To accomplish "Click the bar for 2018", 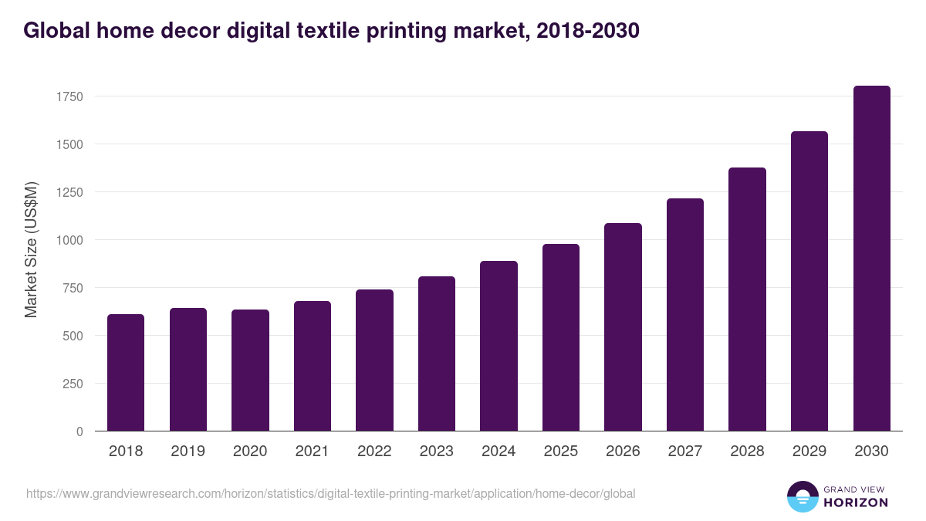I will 126,373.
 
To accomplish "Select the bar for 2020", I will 250,370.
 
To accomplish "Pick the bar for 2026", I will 623,327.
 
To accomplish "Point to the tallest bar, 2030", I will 871,259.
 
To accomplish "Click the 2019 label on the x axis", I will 188,452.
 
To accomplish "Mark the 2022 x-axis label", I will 374,452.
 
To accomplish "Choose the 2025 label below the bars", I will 560,452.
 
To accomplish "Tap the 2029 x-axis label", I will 809,452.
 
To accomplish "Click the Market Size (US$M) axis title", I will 31,249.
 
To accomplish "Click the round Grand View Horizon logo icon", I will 802,496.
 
